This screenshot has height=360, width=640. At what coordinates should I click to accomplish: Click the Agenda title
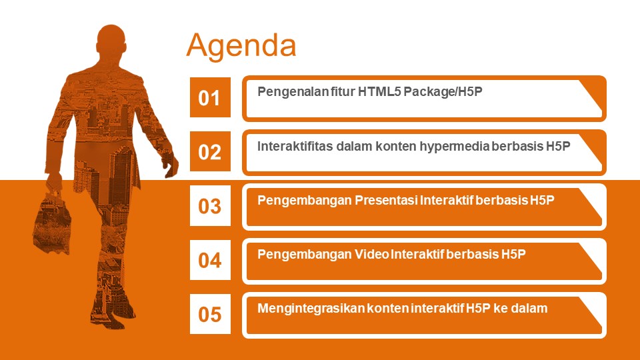tap(241, 46)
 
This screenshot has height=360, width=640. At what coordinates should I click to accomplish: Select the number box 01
tap(210, 97)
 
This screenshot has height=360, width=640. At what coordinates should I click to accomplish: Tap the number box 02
tap(210, 151)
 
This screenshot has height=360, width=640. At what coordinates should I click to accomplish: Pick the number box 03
tap(210, 205)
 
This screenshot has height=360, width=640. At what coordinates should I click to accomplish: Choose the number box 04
tap(210, 259)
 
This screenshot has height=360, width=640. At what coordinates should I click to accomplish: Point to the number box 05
tap(210, 314)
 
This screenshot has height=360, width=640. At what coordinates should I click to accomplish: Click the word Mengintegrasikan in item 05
tap(311, 309)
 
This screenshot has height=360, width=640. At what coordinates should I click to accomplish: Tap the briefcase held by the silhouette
tap(52, 221)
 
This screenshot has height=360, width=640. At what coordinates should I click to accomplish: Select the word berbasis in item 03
tap(501, 200)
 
